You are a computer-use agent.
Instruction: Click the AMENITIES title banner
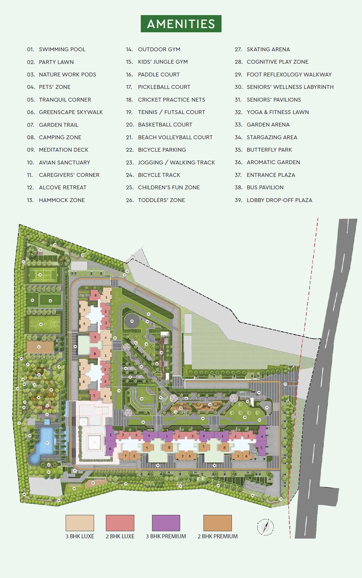[181, 24]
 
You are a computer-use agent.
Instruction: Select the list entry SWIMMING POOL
[62, 49]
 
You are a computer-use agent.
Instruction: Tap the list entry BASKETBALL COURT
[165, 125]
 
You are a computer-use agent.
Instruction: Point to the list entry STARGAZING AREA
[272, 137]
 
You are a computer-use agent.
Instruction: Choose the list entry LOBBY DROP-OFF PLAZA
[279, 200]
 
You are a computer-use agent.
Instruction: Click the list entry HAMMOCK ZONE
[62, 200]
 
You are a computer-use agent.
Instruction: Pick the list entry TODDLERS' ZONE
[161, 200]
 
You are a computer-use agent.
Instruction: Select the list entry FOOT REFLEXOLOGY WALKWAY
[289, 74]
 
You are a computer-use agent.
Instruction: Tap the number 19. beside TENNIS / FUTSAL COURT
[129, 112]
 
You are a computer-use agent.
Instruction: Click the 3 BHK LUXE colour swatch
[80, 523]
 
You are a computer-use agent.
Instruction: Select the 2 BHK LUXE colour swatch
[120, 523]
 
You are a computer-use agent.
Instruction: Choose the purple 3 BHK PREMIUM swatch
[166, 523]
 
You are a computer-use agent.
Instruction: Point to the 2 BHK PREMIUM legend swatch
[217, 523]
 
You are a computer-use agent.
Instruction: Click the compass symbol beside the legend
[266, 527]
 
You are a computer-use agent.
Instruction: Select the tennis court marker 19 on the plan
[40, 275]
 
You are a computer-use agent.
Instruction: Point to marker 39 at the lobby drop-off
[75, 346]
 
